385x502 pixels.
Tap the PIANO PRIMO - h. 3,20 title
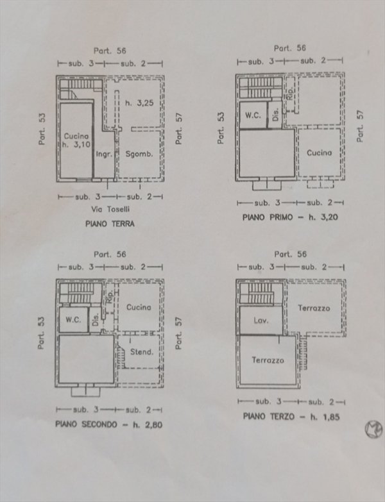(x=290, y=217)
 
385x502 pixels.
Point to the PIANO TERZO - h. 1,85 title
(x=291, y=416)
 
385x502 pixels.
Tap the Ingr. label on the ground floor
(x=105, y=154)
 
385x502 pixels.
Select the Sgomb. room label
(x=138, y=155)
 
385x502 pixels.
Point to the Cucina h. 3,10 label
(x=76, y=140)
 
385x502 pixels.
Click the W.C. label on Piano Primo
(x=252, y=116)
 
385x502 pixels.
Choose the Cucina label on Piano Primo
(x=319, y=153)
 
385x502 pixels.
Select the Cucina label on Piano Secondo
(x=139, y=307)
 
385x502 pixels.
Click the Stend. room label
(x=142, y=351)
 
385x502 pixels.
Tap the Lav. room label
(x=260, y=320)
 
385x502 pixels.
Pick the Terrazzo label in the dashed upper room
(x=314, y=308)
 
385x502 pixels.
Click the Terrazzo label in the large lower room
(x=268, y=360)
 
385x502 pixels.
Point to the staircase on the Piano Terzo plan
(x=261, y=292)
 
